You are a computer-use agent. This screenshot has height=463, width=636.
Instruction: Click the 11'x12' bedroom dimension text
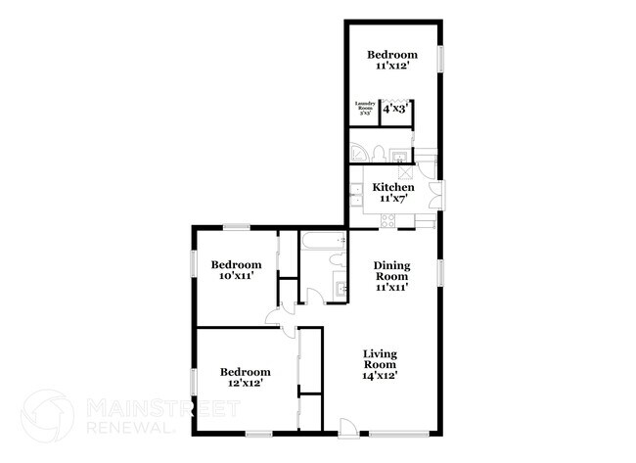click(x=392, y=67)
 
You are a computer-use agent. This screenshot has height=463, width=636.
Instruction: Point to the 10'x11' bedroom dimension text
click(x=238, y=277)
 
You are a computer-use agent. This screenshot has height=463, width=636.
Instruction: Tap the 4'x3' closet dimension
click(x=395, y=110)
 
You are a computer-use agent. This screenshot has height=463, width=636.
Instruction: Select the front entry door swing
click(x=346, y=425)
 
